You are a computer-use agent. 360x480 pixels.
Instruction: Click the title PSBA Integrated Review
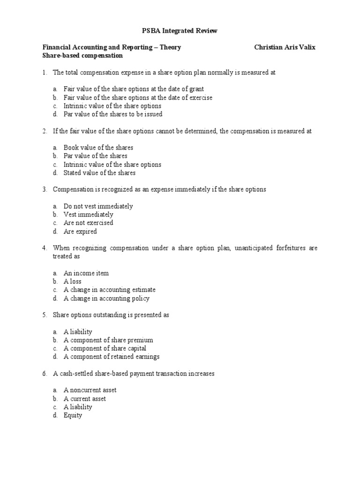180,31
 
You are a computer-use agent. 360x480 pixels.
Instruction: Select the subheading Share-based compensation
82,56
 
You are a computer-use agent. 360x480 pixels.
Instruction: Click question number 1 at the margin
45,73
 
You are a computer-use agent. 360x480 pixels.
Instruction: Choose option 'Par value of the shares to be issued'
113,114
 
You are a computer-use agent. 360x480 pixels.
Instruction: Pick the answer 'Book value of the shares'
98,148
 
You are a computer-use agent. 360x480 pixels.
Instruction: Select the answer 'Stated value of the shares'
100,173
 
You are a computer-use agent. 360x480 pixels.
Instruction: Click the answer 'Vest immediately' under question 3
89,215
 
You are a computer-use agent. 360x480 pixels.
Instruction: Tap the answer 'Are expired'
80,232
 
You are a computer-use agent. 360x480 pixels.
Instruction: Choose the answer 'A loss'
73,282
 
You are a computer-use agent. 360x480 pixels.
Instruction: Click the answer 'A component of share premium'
108,340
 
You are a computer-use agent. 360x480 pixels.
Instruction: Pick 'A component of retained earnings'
112,357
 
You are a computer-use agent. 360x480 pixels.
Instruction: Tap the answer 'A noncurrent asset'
90,390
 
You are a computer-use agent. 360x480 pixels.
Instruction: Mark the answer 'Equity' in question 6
73,416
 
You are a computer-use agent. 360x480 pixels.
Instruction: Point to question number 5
45,315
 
